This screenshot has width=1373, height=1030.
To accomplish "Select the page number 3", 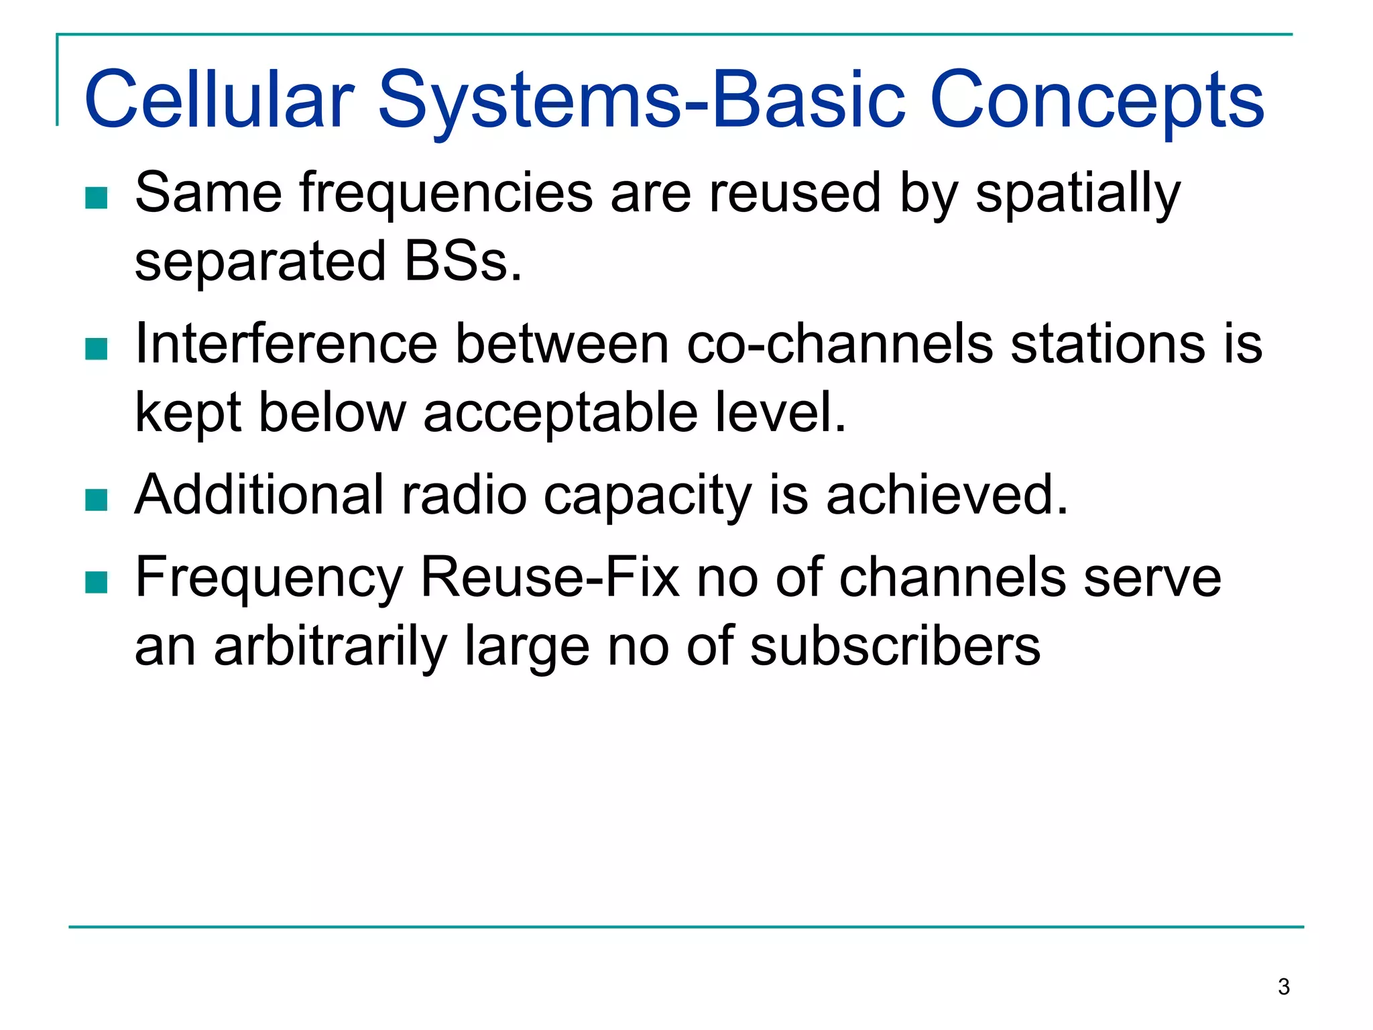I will [1283, 987].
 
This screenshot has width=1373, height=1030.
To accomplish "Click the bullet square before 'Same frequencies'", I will [97, 198].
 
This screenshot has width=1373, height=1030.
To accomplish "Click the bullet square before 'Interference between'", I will [97, 349].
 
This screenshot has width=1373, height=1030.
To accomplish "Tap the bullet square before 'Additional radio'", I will [97, 500].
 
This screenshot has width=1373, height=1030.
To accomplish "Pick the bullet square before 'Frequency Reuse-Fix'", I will [97, 582].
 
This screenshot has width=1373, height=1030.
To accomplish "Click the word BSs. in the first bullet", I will [463, 262].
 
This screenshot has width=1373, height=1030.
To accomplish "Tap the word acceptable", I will [560, 413].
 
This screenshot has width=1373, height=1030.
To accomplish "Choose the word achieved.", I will [947, 495].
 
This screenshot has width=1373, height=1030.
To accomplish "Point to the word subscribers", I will [895, 646].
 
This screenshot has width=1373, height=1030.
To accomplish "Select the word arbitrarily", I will [330, 646].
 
